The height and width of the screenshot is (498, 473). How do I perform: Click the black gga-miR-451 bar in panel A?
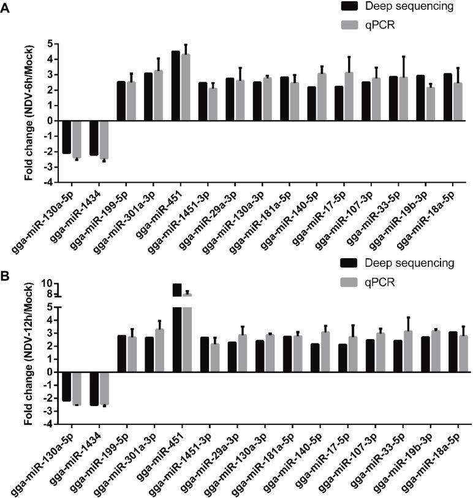point(175,86)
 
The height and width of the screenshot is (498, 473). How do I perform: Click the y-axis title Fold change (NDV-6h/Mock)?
point(29,113)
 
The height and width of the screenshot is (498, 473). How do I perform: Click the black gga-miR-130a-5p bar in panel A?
point(67,137)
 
